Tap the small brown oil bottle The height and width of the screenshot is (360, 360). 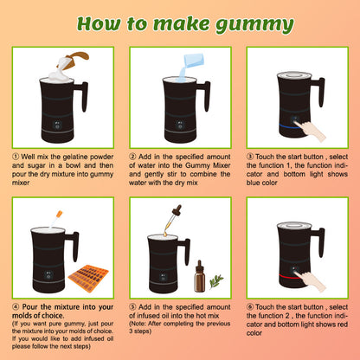(x=200, y=276)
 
